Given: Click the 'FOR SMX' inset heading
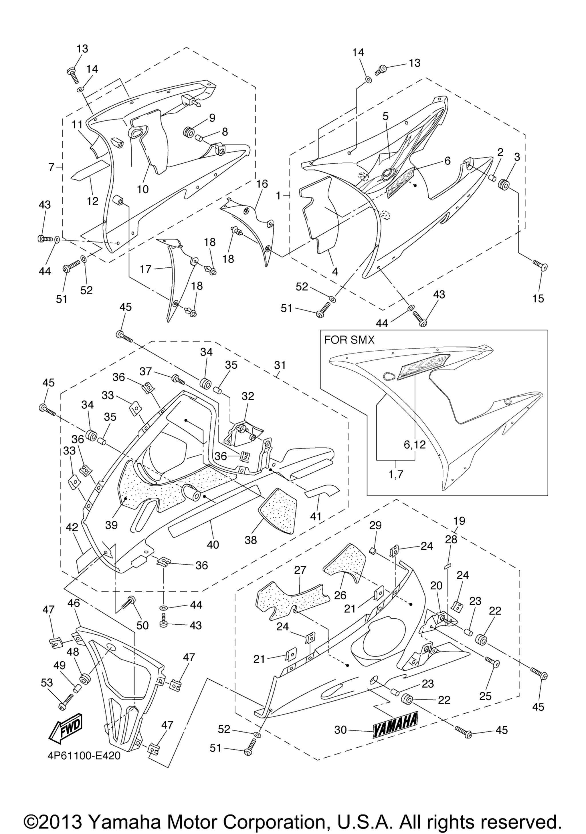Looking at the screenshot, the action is click(x=349, y=340).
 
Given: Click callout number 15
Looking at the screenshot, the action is click(x=538, y=298).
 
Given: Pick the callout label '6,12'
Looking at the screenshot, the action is click(x=415, y=444).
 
